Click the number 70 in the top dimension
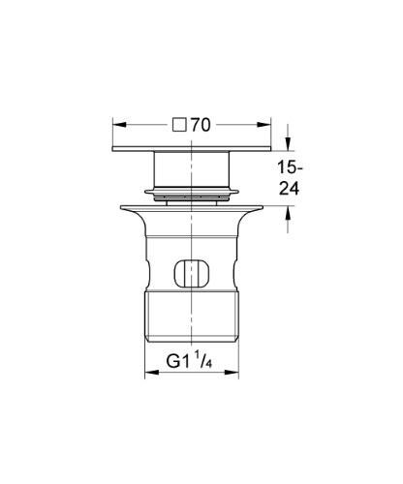point(201,125)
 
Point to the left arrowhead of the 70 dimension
point(118,125)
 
